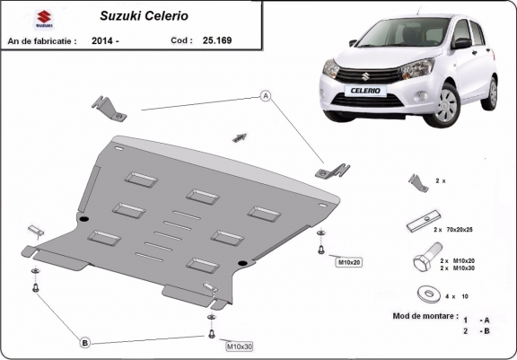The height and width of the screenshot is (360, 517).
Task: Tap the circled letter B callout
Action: (x=85, y=342)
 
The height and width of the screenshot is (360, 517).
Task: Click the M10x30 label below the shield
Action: (x=240, y=346)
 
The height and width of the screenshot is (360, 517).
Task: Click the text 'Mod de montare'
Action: (x=425, y=317)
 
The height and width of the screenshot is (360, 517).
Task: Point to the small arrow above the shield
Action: (x=239, y=136)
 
